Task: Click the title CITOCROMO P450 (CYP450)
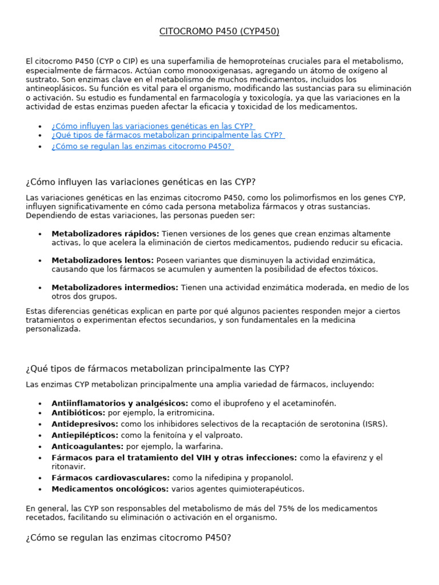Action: [219, 31]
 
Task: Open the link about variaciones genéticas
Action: [152, 126]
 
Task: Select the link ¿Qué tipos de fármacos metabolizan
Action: [167, 135]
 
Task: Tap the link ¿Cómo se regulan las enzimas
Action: [142, 146]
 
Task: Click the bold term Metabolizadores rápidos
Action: [105, 234]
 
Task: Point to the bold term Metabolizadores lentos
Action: [102, 260]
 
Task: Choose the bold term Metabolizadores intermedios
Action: [114, 287]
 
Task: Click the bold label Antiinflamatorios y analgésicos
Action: [119, 403]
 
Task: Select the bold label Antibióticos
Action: [78, 412]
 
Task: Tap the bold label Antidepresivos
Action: [85, 424]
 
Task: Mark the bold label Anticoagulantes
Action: [87, 446]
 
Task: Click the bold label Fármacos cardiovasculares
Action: [110, 478]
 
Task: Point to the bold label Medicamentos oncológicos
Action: [110, 489]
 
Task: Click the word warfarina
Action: [205, 446]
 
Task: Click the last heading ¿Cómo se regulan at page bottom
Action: [128, 538]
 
